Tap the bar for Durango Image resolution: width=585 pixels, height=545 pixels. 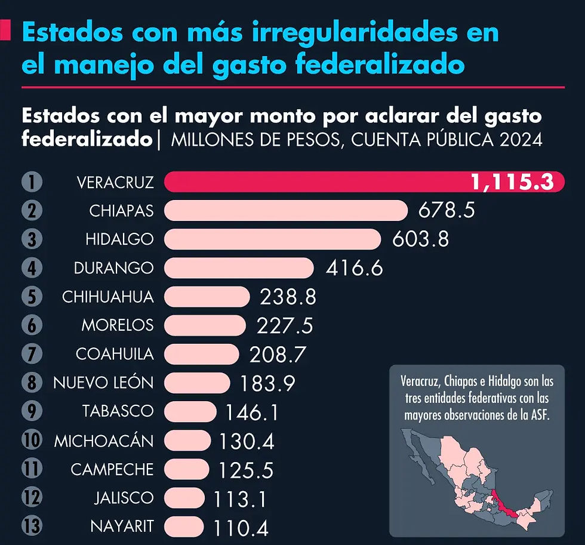239,268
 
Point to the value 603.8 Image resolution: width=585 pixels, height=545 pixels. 420,239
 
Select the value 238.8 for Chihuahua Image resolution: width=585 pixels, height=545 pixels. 288,297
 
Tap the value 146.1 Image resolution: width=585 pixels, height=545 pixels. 251,412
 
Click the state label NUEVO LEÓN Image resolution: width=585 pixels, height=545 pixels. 103,383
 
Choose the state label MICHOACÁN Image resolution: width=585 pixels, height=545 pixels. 104,441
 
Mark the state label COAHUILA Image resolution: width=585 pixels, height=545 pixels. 115,354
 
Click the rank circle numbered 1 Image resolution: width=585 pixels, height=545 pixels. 32,182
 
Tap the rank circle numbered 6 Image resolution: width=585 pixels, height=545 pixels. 32,325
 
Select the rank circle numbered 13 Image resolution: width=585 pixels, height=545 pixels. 32,526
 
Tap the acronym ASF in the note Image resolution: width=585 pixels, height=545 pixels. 538,415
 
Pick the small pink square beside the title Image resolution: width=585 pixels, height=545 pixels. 5,31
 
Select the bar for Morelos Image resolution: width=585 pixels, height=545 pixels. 205,325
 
